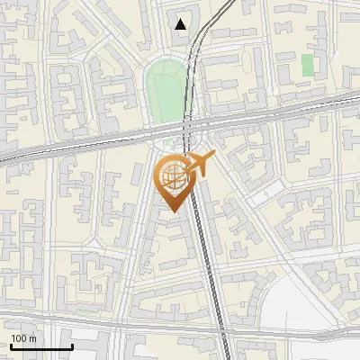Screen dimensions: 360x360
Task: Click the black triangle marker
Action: [182, 23]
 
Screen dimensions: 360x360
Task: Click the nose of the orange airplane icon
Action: [213, 156]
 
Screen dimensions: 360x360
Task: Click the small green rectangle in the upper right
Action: [308, 65]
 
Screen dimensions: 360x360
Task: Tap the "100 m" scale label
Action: [23, 338]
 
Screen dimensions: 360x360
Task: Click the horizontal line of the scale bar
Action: [40, 347]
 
